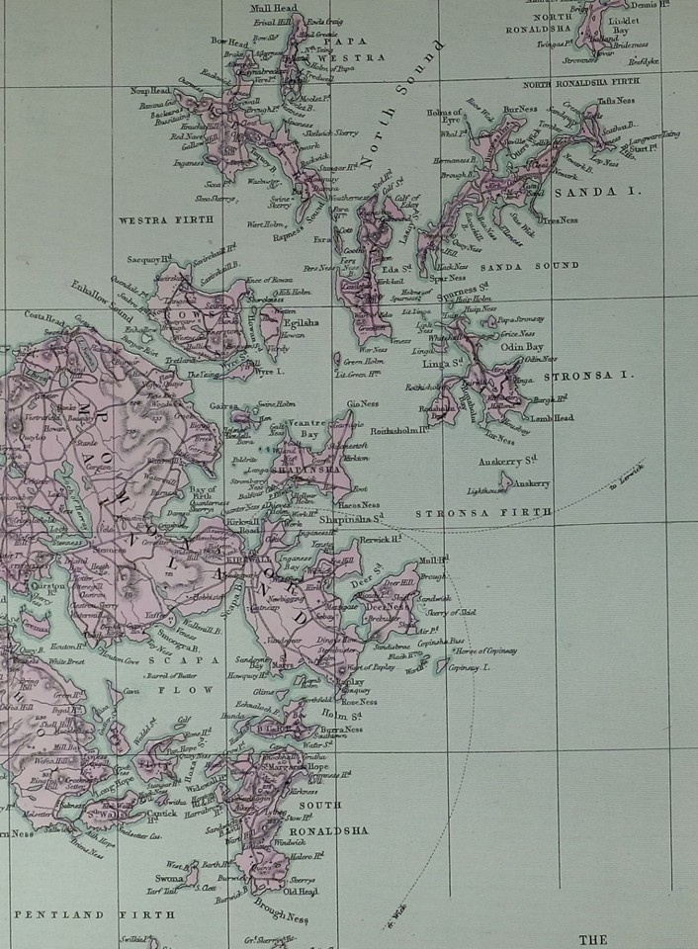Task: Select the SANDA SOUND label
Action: (x=529, y=266)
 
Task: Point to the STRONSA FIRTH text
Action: (x=483, y=513)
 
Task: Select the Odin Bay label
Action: (x=521, y=346)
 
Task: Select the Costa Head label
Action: (x=44, y=319)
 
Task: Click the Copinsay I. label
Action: (x=470, y=669)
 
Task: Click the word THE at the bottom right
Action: (x=592, y=939)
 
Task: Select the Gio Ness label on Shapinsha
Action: (x=362, y=403)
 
